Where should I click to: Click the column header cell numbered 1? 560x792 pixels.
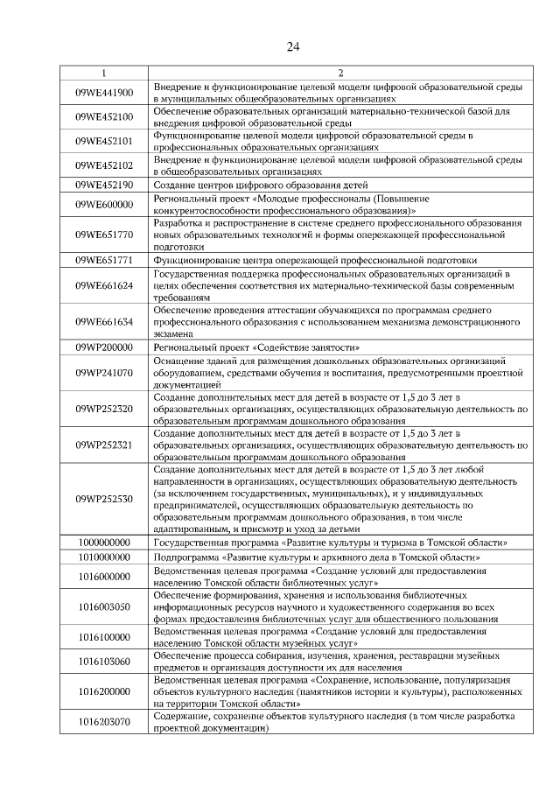[104, 73]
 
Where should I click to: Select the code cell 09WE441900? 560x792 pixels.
[104, 93]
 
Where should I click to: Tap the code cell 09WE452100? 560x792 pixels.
[104, 116]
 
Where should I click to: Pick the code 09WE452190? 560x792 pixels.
[104, 186]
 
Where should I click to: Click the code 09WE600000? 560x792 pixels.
[104, 205]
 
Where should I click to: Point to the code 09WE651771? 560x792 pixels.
[104, 260]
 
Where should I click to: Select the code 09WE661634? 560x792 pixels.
[104, 322]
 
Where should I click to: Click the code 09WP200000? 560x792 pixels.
[104, 347]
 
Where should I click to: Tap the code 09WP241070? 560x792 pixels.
[104, 372]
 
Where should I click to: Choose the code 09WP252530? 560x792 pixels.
[104, 498]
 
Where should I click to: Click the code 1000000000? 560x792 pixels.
[104, 543]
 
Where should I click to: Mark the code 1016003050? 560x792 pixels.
[104, 606]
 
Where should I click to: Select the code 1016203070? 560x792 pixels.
[104, 722]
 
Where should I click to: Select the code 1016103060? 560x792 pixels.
[104, 662]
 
